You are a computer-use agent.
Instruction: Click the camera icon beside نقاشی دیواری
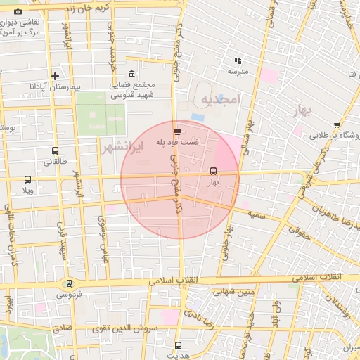(18, 11)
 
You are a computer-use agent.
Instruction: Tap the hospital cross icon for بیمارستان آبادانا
(55, 76)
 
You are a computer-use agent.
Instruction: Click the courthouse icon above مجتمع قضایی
(131, 74)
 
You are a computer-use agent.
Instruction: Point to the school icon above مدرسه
(238, 60)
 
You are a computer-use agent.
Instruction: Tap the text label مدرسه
(238, 71)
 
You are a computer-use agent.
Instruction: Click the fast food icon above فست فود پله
(178, 131)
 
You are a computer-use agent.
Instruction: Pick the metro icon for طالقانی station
(55, 150)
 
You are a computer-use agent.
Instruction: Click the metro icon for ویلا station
(27, 180)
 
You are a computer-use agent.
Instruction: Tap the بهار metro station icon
(213, 171)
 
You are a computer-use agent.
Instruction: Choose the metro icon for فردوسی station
(68, 283)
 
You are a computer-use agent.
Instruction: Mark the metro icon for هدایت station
(178, 345)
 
